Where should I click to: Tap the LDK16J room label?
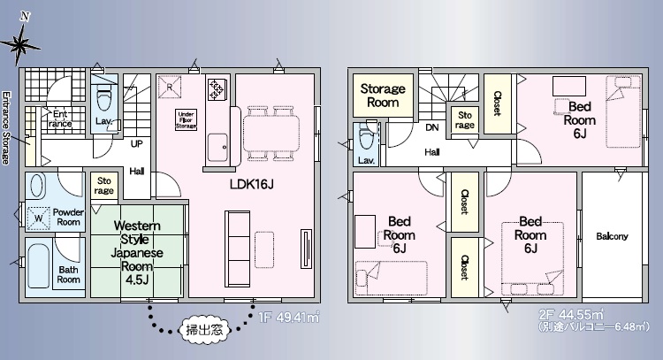(x=251, y=184)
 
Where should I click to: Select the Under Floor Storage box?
(x=186, y=119)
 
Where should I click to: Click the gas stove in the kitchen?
(x=216, y=88)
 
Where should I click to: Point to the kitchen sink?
(x=217, y=147)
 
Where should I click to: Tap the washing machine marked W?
(x=39, y=218)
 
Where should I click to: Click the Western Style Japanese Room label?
(x=137, y=253)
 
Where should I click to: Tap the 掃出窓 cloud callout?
(x=205, y=329)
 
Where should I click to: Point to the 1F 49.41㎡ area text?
(x=289, y=317)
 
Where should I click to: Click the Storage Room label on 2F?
(x=383, y=96)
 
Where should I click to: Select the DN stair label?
(x=431, y=127)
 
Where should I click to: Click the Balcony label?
(x=612, y=236)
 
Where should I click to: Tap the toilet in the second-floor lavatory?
(x=366, y=135)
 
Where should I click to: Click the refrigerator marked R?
(x=170, y=87)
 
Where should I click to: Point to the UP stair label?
(x=136, y=144)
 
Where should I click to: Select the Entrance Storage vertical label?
(x=5, y=127)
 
